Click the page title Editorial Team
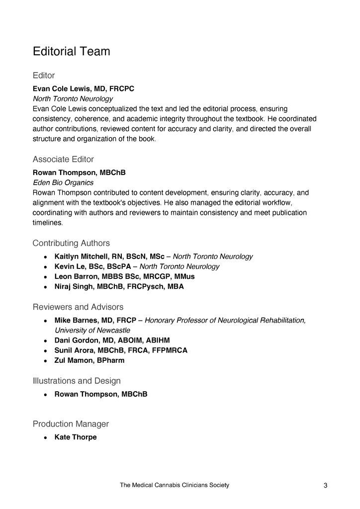(71, 51)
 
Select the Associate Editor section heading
(63, 160)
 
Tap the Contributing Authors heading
(71, 243)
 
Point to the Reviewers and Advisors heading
(78, 307)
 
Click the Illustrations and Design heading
(77, 381)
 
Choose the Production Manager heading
(71, 424)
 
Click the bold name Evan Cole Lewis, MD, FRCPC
(83, 89)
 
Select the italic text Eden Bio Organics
(63, 182)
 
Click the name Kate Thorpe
(76, 437)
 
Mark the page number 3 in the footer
(325, 486)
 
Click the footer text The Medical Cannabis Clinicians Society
(175, 485)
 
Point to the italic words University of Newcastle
(92, 330)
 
